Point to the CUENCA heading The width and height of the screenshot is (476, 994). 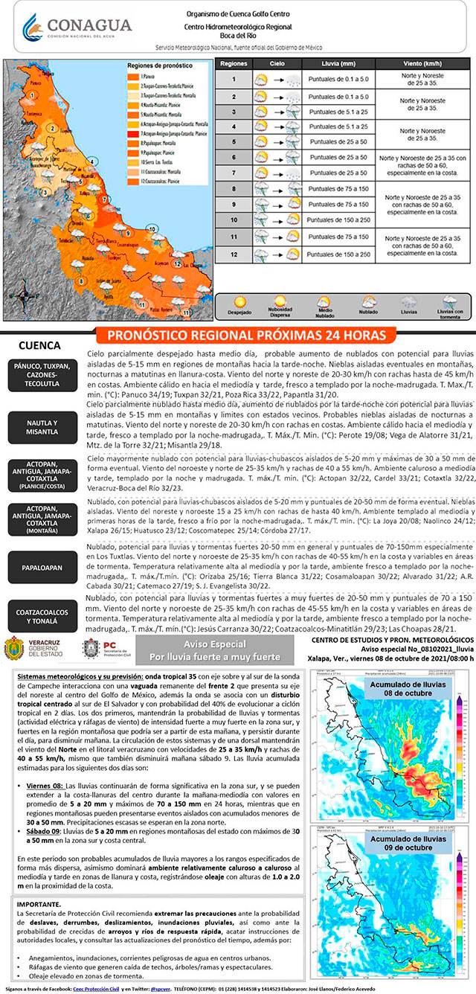pos(39,347)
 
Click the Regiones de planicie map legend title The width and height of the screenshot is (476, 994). pos(150,67)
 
